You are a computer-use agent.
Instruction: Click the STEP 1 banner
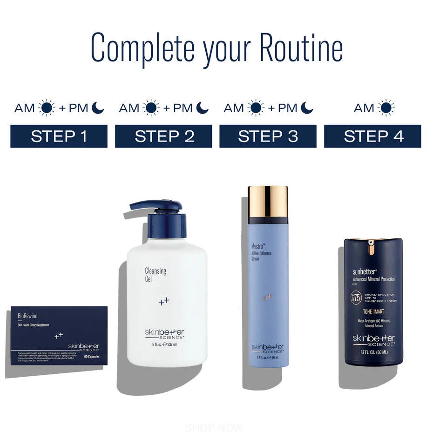click(x=59, y=136)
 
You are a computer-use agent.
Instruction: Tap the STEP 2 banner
click(x=163, y=136)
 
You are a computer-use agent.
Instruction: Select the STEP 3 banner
click(x=268, y=136)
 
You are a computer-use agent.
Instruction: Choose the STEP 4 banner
click(x=372, y=136)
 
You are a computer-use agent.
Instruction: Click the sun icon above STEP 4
click(x=386, y=108)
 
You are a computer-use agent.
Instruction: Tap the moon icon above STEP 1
click(x=97, y=108)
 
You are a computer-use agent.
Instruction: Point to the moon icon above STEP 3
click(x=306, y=108)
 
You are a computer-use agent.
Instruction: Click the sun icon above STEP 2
click(x=151, y=108)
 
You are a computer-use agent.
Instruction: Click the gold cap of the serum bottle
click(x=268, y=202)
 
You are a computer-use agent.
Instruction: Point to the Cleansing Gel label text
click(x=156, y=275)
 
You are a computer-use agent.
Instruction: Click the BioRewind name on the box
click(x=27, y=316)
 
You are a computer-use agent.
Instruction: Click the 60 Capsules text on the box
click(x=93, y=357)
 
